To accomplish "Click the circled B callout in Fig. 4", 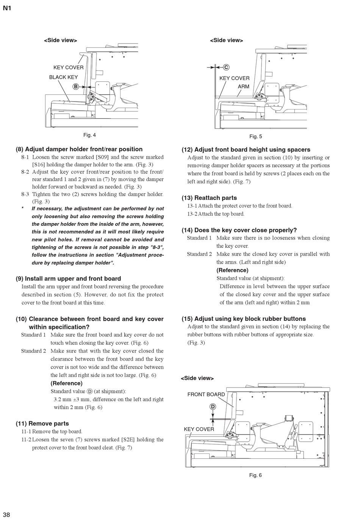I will click(75, 87).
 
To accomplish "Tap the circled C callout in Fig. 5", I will click(226, 67).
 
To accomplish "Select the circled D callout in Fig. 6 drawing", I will click(213, 406).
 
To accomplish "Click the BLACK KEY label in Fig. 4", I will click(63, 77).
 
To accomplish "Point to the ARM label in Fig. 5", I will click(244, 86).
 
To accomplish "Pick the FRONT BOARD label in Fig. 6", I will click(206, 394).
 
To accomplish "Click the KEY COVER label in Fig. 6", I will click(199, 429).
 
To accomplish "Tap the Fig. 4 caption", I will click(89, 135).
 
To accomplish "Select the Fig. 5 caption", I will click(255, 136).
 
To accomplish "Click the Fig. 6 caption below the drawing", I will click(255, 475).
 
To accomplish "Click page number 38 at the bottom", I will click(6, 514).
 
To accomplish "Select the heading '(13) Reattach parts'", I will click(209, 198).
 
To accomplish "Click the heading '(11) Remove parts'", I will click(42, 424).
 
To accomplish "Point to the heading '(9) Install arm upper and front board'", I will click(69, 278).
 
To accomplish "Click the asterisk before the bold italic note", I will click(23, 209).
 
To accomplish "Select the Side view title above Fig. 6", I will click(197, 378).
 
